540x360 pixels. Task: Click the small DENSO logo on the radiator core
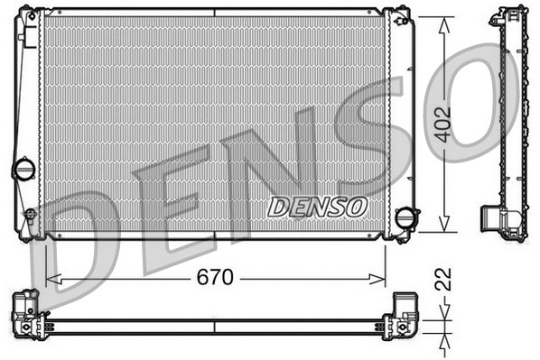317,206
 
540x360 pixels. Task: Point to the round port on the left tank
23,169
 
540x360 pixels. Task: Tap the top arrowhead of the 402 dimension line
442,23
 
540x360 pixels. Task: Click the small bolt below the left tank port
30,215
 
